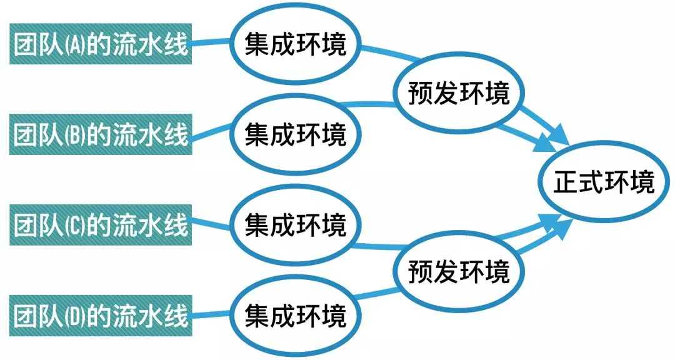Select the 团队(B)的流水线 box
coord(100,134)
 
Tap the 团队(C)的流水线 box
coord(100,224)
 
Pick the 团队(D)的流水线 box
coord(100,314)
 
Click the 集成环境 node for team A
coord(295,45)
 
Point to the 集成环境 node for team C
coord(295,224)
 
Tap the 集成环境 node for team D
coord(295,314)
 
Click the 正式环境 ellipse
coord(604,183)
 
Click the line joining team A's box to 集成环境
coord(210,42)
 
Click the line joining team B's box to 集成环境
coord(211,132)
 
